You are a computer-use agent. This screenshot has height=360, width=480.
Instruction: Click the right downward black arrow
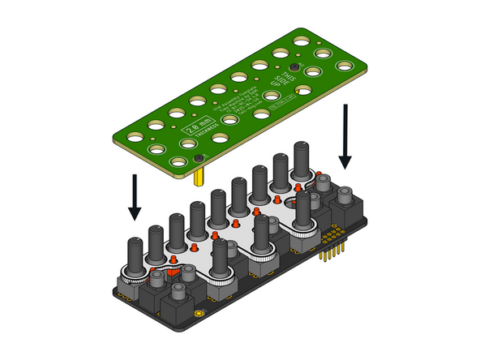[x=346, y=134]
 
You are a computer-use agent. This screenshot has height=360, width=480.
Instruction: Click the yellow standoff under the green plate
[x=199, y=178]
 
